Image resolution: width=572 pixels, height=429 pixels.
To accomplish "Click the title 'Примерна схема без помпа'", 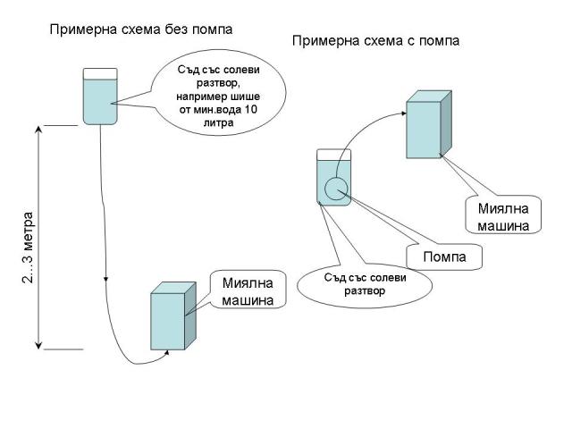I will [140, 29].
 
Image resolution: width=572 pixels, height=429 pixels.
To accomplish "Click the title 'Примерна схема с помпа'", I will [375, 41].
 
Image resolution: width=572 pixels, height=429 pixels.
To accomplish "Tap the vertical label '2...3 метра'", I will [29, 248].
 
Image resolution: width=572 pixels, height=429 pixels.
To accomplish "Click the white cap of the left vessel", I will [100, 72].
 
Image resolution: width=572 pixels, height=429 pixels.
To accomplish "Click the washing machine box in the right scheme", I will [426, 124].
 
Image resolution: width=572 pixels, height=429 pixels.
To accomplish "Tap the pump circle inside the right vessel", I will [336, 189].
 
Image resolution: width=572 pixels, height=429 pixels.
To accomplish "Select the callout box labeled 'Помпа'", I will [438, 257].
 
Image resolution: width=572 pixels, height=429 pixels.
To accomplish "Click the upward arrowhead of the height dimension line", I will [39, 130].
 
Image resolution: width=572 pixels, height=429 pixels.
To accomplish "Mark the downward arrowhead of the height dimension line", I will [39, 344].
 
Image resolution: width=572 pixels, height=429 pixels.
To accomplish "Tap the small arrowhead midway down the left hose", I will [106, 279].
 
